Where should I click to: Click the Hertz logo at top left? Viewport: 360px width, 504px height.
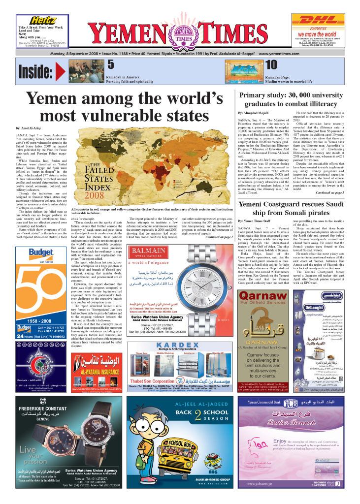tap(42, 20)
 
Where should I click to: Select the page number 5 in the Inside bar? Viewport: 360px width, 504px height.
tap(111, 65)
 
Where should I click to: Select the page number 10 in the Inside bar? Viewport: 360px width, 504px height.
tap(271, 65)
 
